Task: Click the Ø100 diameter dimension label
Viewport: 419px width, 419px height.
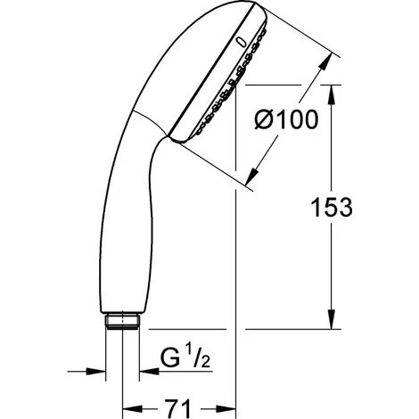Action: [x=286, y=119]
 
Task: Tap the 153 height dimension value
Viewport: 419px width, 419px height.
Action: [x=332, y=207]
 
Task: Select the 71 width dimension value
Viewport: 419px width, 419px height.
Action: [x=177, y=408]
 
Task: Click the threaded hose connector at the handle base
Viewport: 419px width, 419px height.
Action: [x=122, y=321]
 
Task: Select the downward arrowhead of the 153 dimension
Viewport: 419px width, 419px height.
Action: [x=332, y=320]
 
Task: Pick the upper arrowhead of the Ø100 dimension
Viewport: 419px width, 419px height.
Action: [x=325, y=62]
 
